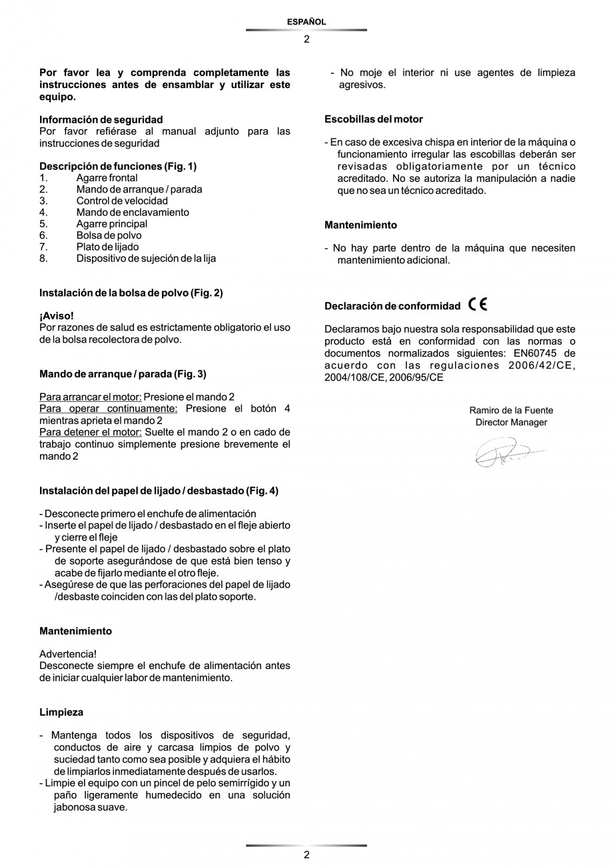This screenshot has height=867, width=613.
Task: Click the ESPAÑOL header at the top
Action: [306, 22]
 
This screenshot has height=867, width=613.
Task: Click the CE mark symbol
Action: [478, 305]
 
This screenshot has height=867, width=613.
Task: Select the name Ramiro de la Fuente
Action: [511, 411]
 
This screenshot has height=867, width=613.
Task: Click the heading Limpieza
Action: [61, 712]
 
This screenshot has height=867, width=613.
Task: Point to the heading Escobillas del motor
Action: [373, 119]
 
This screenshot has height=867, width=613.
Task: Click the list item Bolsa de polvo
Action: [109, 235]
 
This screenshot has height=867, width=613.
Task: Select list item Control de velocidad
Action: [122, 201]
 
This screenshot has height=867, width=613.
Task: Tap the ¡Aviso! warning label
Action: [57, 315]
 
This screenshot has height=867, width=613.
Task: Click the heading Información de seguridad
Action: [101, 120]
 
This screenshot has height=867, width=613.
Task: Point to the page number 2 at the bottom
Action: [306, 855]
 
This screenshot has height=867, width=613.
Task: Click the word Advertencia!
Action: [68, 654]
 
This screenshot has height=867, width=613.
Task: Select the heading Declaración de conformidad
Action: [392, 307]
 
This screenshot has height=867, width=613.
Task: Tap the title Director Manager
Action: [511, 423]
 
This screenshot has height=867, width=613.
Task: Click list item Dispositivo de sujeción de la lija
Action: [146, 259]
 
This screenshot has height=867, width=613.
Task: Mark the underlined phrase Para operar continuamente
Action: [109, 409]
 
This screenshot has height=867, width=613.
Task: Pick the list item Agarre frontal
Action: [107, 178]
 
